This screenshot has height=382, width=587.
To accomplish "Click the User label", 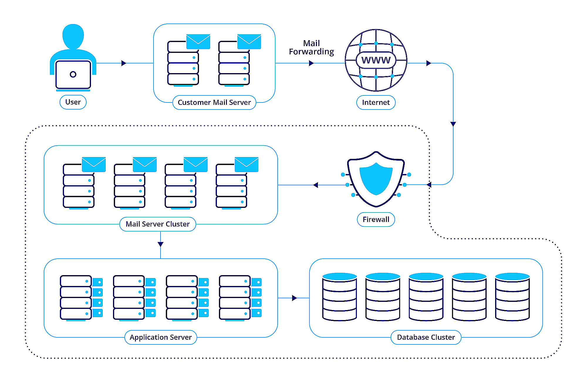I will [x=73, y=102].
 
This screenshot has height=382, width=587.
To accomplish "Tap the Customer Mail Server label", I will [x=214, y=102].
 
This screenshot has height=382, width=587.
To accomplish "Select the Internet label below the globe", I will [x=376, y=102].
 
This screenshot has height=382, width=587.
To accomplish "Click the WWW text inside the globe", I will [x=376, y=60].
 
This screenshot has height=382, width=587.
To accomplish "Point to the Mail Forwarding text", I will [x=311, y=48].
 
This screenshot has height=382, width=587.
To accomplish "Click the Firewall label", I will [x=376, y=219].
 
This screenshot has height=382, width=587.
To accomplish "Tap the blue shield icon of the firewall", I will [x=376, y=179].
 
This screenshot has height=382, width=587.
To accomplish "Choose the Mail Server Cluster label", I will [x=158, y=224].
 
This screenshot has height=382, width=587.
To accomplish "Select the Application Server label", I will [x=161, y=337].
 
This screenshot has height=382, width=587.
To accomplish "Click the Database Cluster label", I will [x=426, y=337].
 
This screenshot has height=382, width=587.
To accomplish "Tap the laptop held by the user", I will [x=73, y=75].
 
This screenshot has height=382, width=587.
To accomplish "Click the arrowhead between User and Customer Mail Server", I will [x=124, y=63].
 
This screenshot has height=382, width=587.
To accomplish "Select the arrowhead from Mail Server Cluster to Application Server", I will [x=161, y=244].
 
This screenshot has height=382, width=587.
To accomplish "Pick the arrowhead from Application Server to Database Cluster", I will [x=294, y=298].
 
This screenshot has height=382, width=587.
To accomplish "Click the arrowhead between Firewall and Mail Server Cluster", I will [x=316, y=185].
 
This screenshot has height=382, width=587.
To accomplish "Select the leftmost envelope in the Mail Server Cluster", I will [x=94, y=164].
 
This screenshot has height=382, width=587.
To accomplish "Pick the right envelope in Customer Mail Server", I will [x=249, y=41].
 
